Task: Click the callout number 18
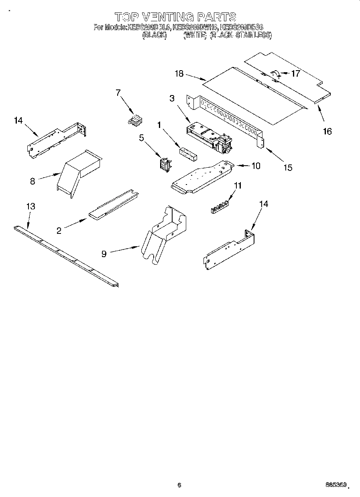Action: tap(179, 73)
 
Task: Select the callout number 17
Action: tap(295, 73)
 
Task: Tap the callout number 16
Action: tap(327, 131)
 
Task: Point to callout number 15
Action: tap(287, 167)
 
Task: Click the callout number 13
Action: tap(31, 207)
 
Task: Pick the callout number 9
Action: tap(104, 254)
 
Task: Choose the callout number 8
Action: tap(33, 181)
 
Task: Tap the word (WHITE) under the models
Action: tap(195, 36)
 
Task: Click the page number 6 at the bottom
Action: tap(179, 485)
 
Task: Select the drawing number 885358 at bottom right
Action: tap(335, 485)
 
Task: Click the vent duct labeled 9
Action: tap(163, 237)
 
